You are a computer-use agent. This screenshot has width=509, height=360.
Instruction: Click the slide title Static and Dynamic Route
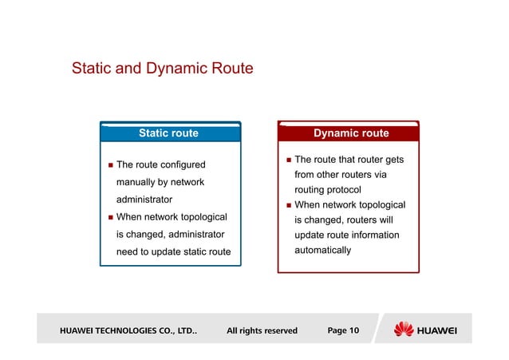pyautogui.click(x=162, y=69)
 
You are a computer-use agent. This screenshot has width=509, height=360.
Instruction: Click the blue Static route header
pyautogui.click(x=168, y=133)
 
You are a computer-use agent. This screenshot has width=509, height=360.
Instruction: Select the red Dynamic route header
pyautogui.click(x=351, y=133)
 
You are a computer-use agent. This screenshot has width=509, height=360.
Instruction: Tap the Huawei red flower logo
pyautogui.click(x=404, y=329)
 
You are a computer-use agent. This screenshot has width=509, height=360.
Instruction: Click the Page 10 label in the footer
pyautogui.click(x=343, y=330)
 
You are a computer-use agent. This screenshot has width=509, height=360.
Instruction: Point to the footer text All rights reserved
pyautogui.click(x=262, y=330)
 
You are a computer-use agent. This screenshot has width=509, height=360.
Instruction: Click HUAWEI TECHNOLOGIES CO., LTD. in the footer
pyautogui.click(x=128, y=330)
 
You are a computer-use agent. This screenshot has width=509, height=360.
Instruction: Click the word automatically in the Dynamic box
pyautogui.click(x=323, y=250)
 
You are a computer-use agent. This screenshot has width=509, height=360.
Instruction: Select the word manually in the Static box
pyautogui.click(x=140, y=182)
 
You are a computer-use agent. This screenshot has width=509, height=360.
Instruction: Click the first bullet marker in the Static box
pyautogui.click(x=110, y=166)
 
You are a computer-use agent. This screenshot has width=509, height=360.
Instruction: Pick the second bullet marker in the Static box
pyautogui.click(x=110, y=217)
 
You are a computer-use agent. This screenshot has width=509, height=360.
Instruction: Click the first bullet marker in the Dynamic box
pyautogui.click(x=288, y=160)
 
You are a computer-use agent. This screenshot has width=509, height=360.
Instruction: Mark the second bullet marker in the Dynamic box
pyautogui.click(x=288, y=205)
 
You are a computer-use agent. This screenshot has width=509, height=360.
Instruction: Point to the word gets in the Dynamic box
pyautogui.click(x=393, y=160)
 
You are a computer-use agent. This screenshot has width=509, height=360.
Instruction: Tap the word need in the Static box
pyautogui.click(x=130, y=252)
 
